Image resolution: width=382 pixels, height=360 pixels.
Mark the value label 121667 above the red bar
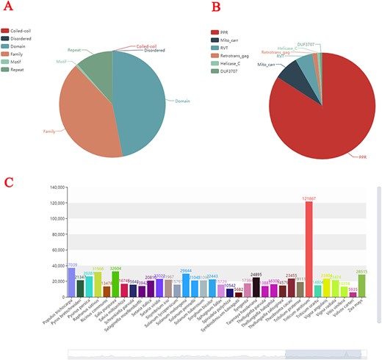(x=309, y=198)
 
